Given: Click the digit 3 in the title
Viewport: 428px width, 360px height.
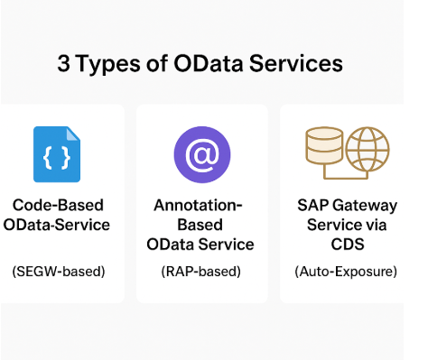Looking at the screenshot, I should coord(64,64).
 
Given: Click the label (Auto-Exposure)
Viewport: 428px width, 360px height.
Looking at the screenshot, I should coord(346,272).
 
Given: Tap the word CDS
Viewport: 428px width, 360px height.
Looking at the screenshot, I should coord(346,245).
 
